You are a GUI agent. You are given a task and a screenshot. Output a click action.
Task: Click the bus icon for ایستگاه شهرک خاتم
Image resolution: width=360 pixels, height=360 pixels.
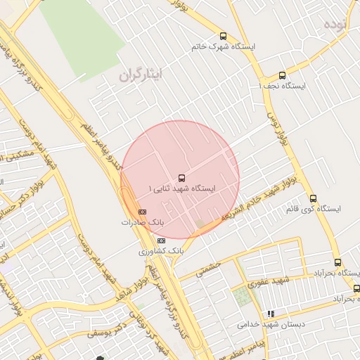[x=224, y=36]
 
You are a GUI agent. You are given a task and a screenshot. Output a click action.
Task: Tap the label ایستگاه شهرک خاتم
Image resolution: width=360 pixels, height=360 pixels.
[x=224, y=46]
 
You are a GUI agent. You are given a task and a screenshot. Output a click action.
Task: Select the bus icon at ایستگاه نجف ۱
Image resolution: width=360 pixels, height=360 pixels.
[x=283, y=75]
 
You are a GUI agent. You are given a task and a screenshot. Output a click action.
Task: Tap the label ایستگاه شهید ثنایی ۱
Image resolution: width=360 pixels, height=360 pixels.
[x=182, y=188]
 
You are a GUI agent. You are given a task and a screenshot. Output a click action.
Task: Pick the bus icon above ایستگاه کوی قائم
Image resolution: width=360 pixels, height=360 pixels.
[x=314, y=198]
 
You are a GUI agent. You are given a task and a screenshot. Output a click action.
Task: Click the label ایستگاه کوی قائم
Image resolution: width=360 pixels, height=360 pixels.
[x=314, y=209]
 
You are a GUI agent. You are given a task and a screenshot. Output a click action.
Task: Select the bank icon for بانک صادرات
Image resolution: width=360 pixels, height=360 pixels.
[x=142, y=212]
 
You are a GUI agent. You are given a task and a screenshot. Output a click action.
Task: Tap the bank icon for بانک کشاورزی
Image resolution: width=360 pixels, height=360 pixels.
[x=162, y=240]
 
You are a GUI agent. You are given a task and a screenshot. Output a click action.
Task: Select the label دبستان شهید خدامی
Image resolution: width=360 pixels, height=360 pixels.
[x=264, y=324]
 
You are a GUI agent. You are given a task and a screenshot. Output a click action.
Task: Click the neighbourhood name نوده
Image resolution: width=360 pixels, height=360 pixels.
[x=336, y=24]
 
